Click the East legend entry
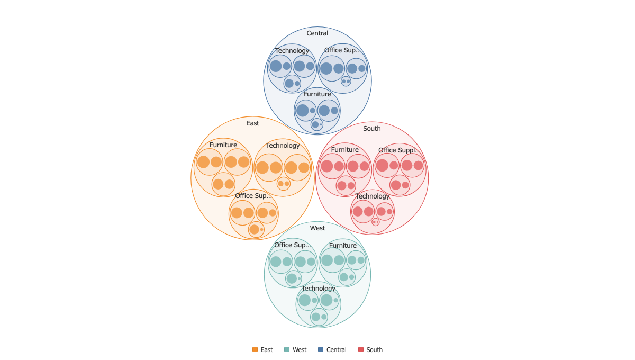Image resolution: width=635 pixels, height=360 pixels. tap(262, 349)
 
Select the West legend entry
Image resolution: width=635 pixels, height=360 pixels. tap(295, 349)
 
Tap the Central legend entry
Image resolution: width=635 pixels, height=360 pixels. tap(332, 349)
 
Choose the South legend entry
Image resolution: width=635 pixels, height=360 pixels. tap(370, 349)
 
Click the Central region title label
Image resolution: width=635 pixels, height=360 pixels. tap(317, 33)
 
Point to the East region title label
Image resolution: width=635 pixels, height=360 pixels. tap(252, 123)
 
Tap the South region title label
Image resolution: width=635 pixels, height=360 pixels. tap(372, 129)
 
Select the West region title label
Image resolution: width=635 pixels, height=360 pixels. tap(317, 228)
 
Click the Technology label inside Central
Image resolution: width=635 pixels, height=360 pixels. tap(292, 51)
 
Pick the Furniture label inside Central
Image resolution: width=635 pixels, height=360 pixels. tap(317, 94)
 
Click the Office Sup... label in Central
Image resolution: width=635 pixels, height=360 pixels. tap(342, 50)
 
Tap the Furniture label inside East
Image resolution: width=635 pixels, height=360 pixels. tap(223, 145)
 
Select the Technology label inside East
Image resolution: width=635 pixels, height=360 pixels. tap(283, 146)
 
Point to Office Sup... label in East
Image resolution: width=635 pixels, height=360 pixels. tap(253, 196)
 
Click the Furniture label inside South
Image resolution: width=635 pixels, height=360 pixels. tap(344, 150)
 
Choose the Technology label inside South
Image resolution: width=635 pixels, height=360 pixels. tap(373, 196)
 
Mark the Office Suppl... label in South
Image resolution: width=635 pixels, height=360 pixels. tap(400, 150)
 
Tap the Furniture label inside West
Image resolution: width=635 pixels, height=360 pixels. tap(343, 246)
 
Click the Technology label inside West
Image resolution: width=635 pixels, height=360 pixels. tap(319, 289)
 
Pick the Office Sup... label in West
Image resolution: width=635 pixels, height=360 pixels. tap(293, 245)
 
